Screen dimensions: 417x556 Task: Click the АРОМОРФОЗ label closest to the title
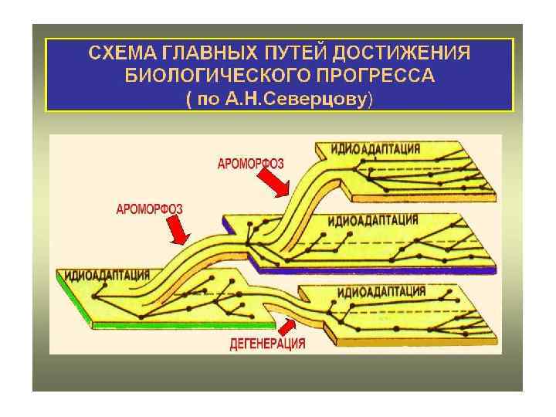point(250,163)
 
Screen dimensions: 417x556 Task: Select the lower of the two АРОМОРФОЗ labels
point(149,208)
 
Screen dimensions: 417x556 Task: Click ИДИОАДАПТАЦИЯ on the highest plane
point(375,148)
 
